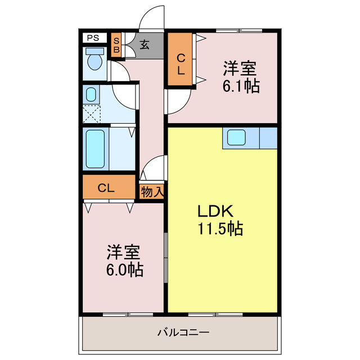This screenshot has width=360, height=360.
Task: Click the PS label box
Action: (x=93, y=38)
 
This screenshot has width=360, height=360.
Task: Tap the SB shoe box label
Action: (x=116, y=44)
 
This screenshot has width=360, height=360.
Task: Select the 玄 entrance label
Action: (x=145, y=44)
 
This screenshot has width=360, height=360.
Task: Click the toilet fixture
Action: (x=94, y=61)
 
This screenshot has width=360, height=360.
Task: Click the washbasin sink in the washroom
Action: (x=92, y=94)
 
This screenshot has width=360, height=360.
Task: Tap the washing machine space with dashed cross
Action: (x=92, y=114)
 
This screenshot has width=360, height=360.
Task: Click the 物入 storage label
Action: (x=152, y=191)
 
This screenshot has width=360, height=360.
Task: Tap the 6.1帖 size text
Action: (x=240, y=87)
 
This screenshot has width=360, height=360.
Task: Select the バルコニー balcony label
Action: (x=183, y=332)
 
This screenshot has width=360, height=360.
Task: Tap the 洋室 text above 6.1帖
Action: (x=240, y=69)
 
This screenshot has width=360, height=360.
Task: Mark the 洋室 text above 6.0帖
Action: (x=124, y=251)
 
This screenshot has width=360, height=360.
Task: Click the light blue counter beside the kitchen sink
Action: (x=268, y=138)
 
